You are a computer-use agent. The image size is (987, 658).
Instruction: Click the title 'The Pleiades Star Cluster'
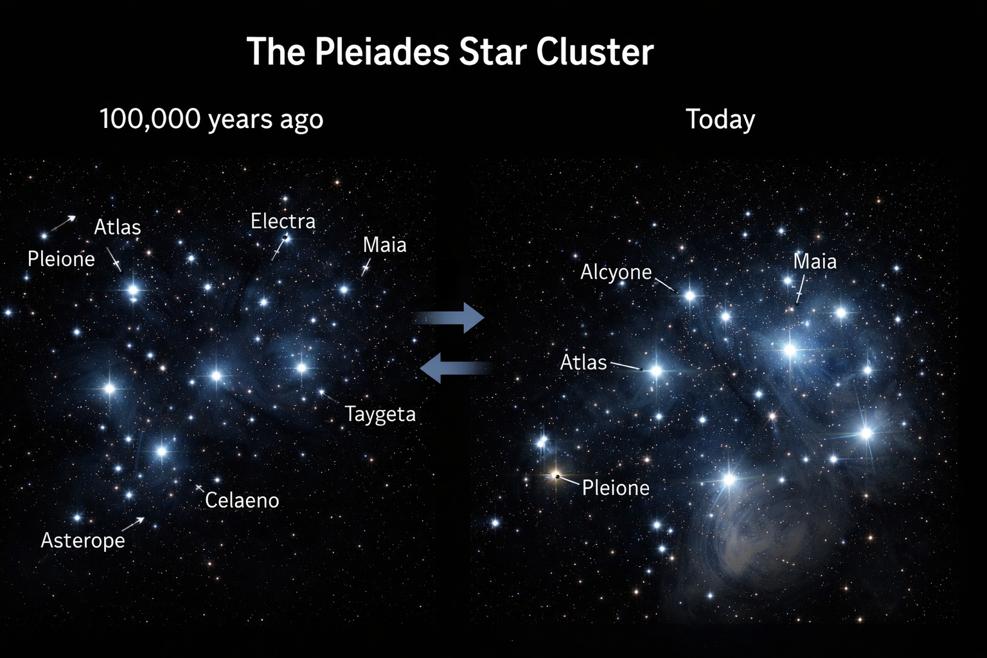click(450, 51)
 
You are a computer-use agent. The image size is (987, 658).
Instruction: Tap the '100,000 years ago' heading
click(211, 120)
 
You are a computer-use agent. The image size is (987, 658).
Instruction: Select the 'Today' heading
click(720, 120)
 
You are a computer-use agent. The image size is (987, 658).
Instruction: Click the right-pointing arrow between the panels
click(449, 317)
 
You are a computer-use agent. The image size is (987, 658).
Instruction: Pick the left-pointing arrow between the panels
click(456, 368)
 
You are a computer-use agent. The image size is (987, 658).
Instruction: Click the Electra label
click(283, 221)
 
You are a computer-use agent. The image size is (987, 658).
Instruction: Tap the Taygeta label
click(380, 414)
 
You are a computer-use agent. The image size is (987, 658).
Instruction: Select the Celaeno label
click(242, 500)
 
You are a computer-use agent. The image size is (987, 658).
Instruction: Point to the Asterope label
click(83, 540)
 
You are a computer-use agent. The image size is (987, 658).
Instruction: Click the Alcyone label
click(616, 272)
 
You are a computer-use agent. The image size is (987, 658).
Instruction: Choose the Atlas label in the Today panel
click(583, 362)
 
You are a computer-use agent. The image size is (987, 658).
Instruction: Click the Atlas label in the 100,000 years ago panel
click(118, 227)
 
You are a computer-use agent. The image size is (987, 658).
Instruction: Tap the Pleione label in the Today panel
click(616, 488)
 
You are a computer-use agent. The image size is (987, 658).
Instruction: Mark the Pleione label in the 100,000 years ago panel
click(61, 259)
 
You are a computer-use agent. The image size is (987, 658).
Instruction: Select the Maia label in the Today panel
click(815, 262)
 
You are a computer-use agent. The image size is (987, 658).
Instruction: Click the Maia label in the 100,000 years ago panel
click(385, 245)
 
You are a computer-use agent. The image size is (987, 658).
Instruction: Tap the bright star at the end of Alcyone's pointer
click(690, 296)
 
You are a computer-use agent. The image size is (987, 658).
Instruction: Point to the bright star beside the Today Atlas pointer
click(656, 371)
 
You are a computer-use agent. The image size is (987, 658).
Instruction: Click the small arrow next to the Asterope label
click(133, 524)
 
